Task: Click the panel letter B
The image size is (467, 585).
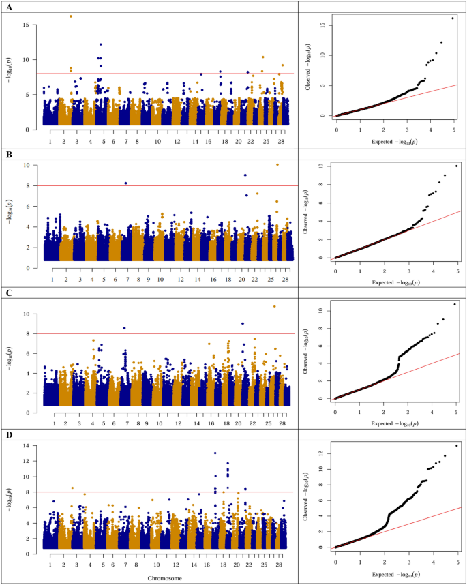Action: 8,153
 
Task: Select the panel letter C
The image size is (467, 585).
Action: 8,295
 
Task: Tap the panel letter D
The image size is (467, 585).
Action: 8,434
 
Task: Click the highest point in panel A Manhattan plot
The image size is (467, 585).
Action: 71,16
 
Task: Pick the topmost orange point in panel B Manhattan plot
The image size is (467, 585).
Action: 277,164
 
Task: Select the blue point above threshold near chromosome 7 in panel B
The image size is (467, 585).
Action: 125,183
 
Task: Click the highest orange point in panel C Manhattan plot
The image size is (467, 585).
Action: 275,306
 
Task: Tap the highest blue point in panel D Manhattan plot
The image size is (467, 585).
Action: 215,453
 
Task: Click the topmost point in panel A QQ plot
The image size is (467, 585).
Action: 452,18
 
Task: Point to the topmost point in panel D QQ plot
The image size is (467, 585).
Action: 456,445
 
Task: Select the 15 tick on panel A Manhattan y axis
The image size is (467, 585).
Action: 31,25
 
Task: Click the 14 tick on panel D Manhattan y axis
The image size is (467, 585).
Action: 31,445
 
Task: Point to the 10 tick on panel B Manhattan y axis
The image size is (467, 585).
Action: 31,165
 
